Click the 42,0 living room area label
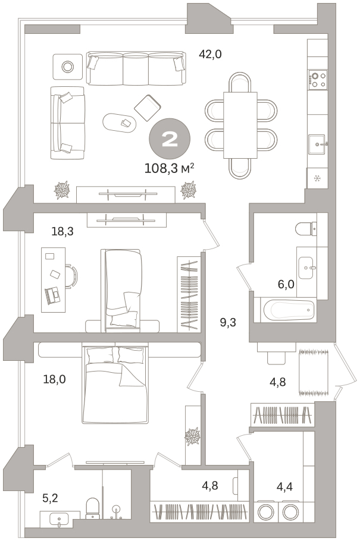(x=210, y=54)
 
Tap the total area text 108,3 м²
(x=169, y=169)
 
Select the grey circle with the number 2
(x=170, y=139)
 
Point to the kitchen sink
(x=317, y=144)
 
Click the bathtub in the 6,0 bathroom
(x=289, y=310)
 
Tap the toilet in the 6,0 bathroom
(x=306, y=228)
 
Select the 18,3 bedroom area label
(x=62, y=231)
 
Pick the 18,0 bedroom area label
(x=54, y=379)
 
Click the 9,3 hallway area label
(x=228, y=323)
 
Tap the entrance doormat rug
(x=314, y=372)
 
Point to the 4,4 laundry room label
(x=284, y=487)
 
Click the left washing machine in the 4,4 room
(x=265, y=512)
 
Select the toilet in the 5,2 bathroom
(x=92, y=508)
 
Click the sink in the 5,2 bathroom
(x=60, y=519)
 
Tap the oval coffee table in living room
(x=119, y=122)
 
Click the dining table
(x=240, y=125)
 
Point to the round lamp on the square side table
(x=67, y=66)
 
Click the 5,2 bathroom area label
(x=50, y=498)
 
